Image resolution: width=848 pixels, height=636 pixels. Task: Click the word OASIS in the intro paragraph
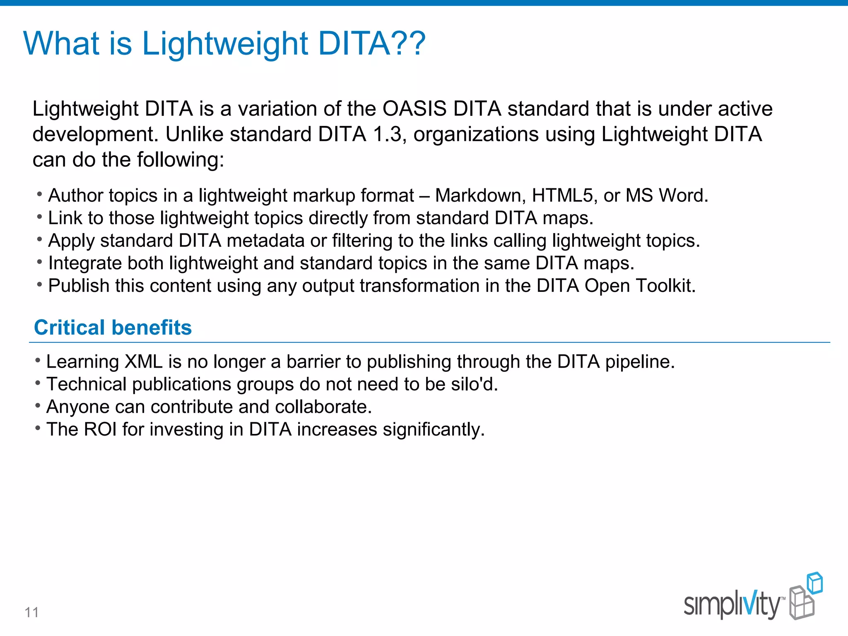click(x=414, y=109)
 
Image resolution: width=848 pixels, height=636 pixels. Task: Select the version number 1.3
click(x=387, y=135)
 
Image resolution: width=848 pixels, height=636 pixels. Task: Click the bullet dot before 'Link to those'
click(x=39, y=217)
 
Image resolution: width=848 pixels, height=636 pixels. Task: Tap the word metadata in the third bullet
click(x=265, y=241)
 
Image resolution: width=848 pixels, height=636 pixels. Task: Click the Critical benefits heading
click(x=113, y=328)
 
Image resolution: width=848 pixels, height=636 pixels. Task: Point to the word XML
click(x=143, y=362)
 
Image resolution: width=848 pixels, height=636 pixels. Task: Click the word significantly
click(x=433, y=429)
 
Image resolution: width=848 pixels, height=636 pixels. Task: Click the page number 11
click(x=31, y=612)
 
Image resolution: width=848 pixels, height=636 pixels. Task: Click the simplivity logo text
click(x=732, y=605)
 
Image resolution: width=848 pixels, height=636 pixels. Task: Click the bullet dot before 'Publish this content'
click(x=39, y=284)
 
